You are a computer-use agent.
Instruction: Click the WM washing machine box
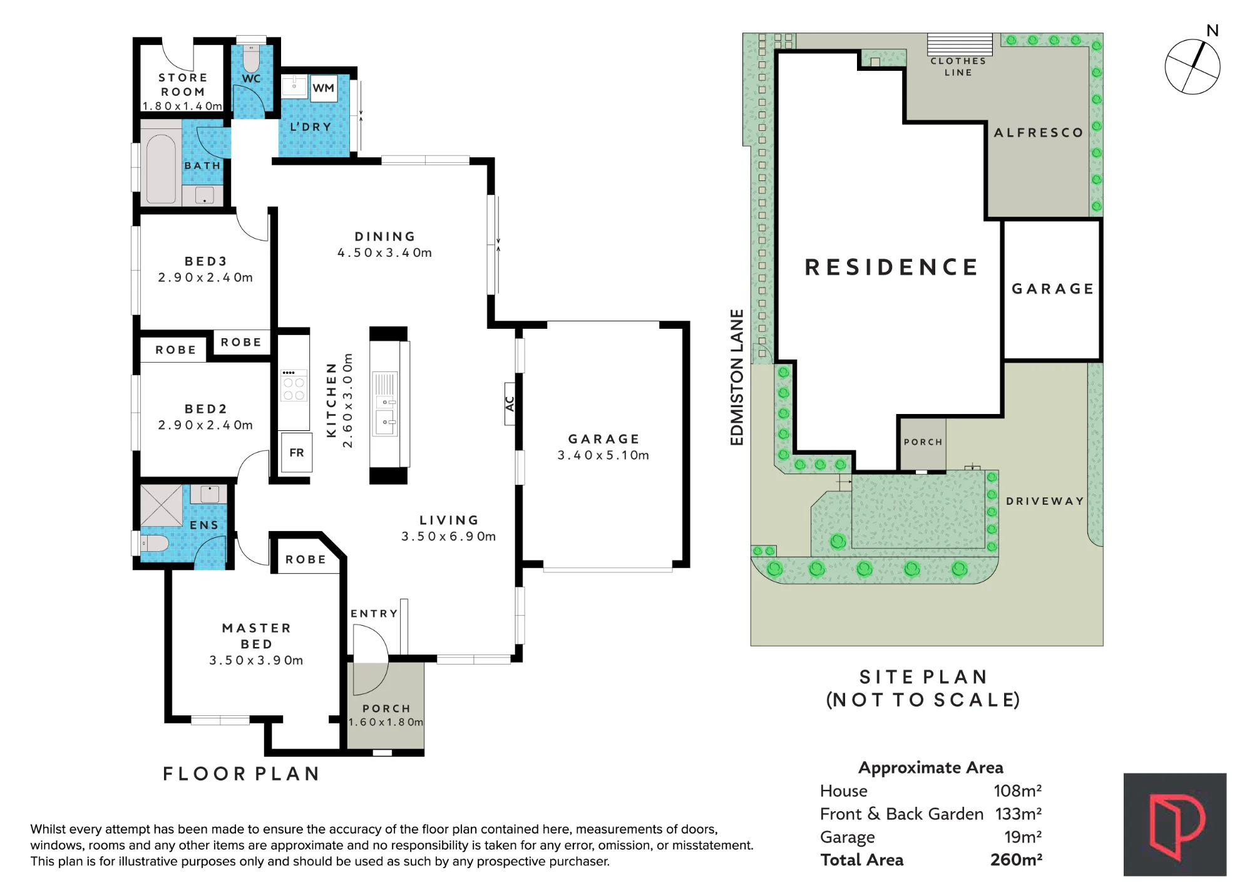(324, 88)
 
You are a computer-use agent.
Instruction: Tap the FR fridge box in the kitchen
(297, 452)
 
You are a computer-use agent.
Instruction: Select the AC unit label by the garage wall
(510, 404)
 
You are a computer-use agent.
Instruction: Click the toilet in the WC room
(251, 58)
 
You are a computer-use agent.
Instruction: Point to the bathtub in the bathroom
(161, 168)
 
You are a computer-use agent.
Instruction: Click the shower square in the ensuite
(162, 505)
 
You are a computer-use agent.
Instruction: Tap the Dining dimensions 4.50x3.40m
(385, 253)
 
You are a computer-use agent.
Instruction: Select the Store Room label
(183, 85)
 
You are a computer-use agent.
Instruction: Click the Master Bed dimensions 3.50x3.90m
(256, 661)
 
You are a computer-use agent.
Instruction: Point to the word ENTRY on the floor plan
(374, 614)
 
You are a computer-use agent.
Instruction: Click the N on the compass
(1213, 31)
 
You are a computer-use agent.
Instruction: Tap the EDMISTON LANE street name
(737, 377)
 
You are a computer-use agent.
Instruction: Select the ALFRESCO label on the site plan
(1039, 133)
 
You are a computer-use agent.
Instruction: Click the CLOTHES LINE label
(958, 66)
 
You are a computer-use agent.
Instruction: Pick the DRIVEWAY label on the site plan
(1045, 501)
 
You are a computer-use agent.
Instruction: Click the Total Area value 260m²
(1016, 859)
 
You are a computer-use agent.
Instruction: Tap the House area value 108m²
(1018, 791)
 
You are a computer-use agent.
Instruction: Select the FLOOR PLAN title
(242, 774)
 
